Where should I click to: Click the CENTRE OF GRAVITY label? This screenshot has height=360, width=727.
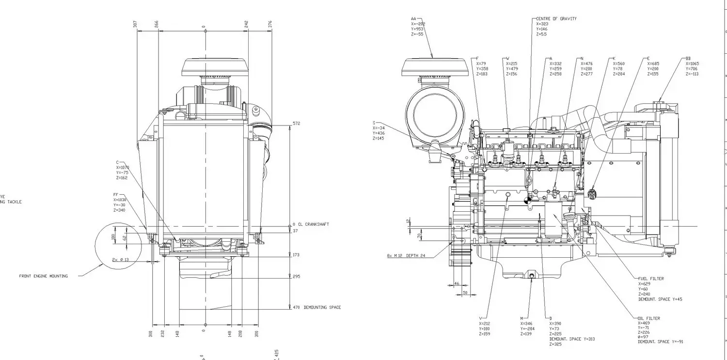pyautogui.click(x=556, y=18)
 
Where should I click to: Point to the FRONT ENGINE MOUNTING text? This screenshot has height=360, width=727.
pyautogui.click(x=44, y=276)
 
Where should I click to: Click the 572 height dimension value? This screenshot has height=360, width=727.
pyautogui.click(x=296, y=124)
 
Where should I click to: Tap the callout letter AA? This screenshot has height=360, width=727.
pyautogui.click(x=413, y=18)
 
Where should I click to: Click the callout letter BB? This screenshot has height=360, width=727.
pyautogui.click(x=688, y=58)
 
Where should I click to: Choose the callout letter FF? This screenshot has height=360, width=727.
pyautogui.click(x=116, y=194)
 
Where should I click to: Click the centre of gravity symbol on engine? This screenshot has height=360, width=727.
pyautogui.click(x=528, y=199)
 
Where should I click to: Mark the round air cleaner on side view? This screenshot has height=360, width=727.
pyautogui.click(x=435, y=116)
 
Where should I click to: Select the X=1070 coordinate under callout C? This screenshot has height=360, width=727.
pyautogui.click(x=123, y=167)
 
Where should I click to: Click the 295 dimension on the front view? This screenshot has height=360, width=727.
pyautogui.click(x=296, y=277)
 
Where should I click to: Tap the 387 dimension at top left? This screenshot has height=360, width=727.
pyautogui.click(x=136, y=24)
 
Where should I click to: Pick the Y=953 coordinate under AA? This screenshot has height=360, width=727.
pyautogui.click(x=417, y=29)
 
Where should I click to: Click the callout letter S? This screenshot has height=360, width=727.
pyautogui.click(x=374, y=123)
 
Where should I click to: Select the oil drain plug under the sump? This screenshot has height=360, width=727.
pyautogui.click(x=531, y=277)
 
